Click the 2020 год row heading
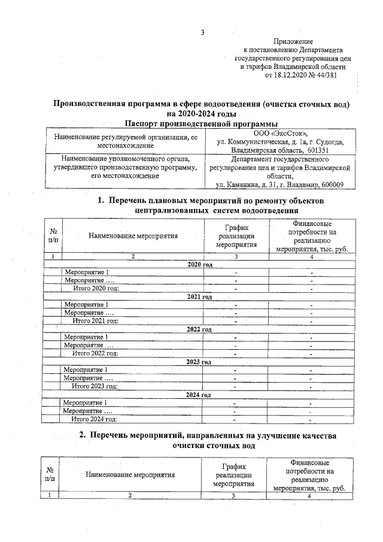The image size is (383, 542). pos(200,264)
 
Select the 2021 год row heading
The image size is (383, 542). pos(200,296)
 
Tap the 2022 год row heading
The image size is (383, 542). pos(200,329)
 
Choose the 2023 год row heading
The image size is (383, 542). pos(200,362)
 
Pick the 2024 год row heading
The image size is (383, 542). pos(200,395)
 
